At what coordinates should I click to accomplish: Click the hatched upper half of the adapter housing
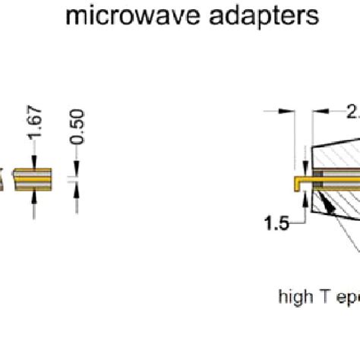point(338,156)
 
